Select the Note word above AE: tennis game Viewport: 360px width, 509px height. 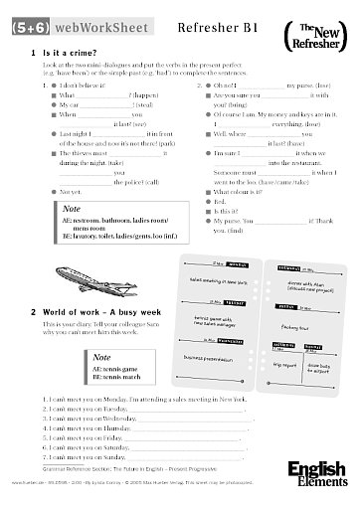(x=71, y=350)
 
